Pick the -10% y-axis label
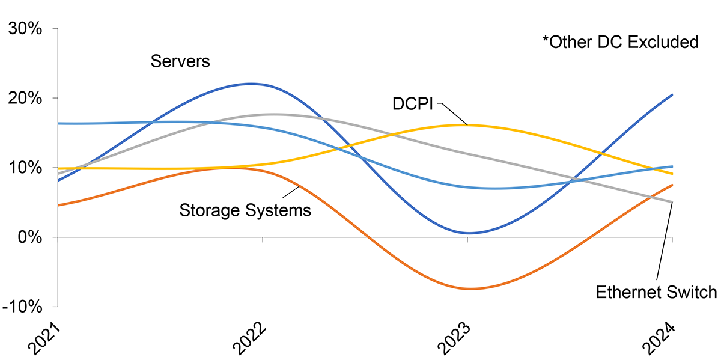pos(23,307)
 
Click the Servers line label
pos(180,61)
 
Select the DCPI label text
pos(413,104)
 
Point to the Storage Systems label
pos(245,210)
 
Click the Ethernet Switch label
pos(656,292)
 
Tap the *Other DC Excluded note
pos(620,42)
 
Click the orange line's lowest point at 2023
pos(469,289)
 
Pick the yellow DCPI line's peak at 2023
pos(467,125)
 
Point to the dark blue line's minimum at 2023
pos(468,233)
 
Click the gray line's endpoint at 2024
pos(672,202)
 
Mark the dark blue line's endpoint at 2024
pos(672,95)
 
